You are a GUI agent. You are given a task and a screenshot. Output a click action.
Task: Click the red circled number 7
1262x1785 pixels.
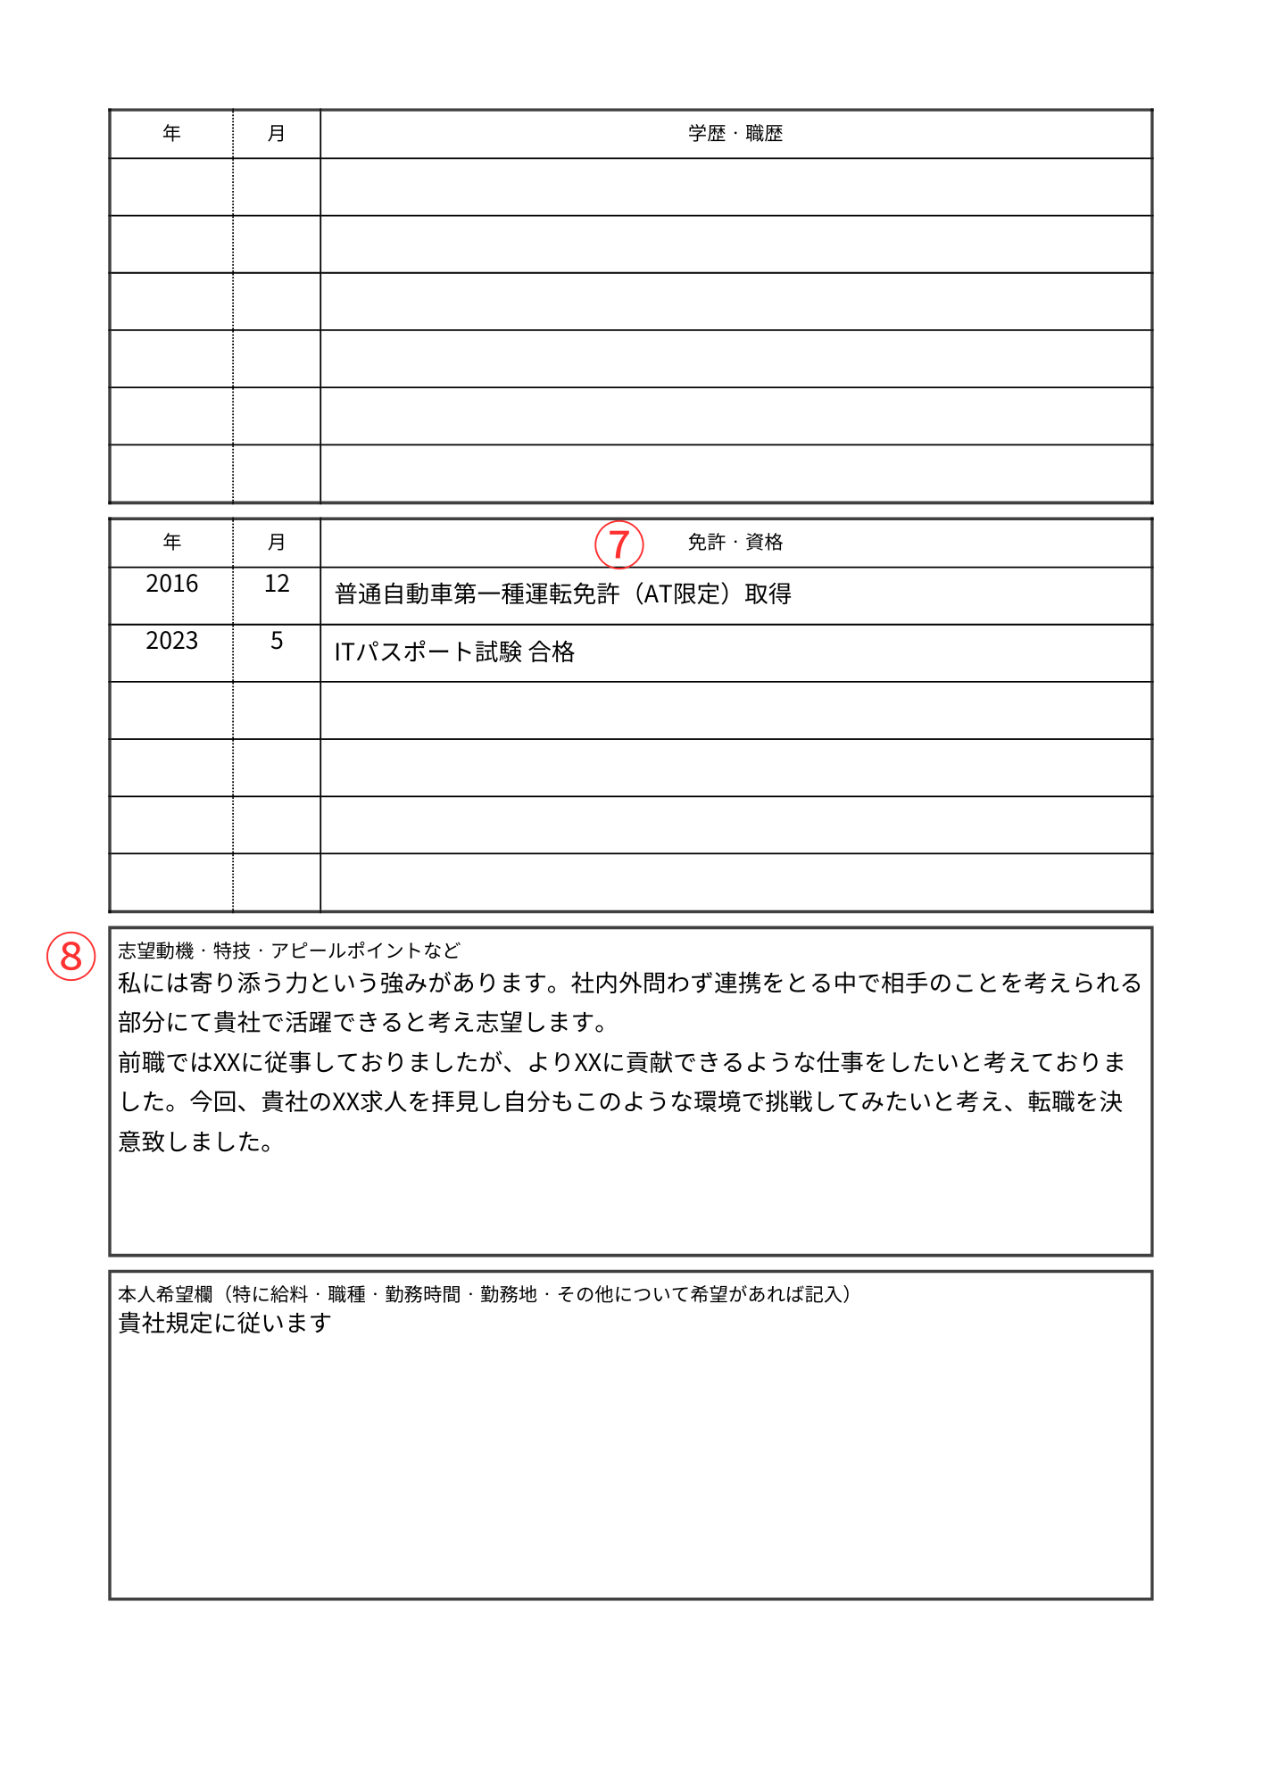click(619, 544)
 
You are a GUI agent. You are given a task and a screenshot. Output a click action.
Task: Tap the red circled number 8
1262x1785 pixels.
click(71, 956)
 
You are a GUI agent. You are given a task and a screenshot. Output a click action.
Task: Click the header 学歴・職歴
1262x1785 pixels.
click(735, 134)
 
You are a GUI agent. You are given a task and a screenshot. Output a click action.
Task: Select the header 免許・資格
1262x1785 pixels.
click(735, 543)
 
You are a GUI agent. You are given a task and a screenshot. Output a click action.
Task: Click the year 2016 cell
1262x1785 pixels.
click(171, 584)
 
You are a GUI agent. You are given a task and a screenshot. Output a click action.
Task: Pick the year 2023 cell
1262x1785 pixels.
click(171, 641)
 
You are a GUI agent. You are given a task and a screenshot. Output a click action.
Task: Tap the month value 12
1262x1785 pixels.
click(277, 584)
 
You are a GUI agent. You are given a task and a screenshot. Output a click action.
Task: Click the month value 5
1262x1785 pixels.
click(277, 641)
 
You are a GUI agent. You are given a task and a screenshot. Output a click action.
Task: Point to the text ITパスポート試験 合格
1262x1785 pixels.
click(454, 652)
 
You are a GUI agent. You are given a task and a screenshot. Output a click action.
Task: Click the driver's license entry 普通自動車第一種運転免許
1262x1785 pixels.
click(477, 594)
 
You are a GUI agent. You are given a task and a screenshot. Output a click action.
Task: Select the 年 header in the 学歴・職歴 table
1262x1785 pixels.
click(171, 134)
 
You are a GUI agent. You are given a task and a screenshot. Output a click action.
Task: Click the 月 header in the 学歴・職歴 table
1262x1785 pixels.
click(277, 134)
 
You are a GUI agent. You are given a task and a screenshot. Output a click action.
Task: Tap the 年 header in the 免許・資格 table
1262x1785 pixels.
click(171, 543)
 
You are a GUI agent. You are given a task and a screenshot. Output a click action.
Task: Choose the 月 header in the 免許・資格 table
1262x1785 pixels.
click(277, 543)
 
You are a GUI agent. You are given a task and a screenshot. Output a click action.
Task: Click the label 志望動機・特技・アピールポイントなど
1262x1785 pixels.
click(289, 951)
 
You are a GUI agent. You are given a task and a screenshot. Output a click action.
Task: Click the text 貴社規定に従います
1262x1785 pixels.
click(225, 1323)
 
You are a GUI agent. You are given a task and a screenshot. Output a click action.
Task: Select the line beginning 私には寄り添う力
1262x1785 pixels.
click(629, 984)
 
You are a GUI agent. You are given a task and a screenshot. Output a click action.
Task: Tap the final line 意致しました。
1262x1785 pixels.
click(195, 1142)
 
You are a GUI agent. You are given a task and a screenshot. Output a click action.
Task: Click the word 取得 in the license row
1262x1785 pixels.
click(768, 594)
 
